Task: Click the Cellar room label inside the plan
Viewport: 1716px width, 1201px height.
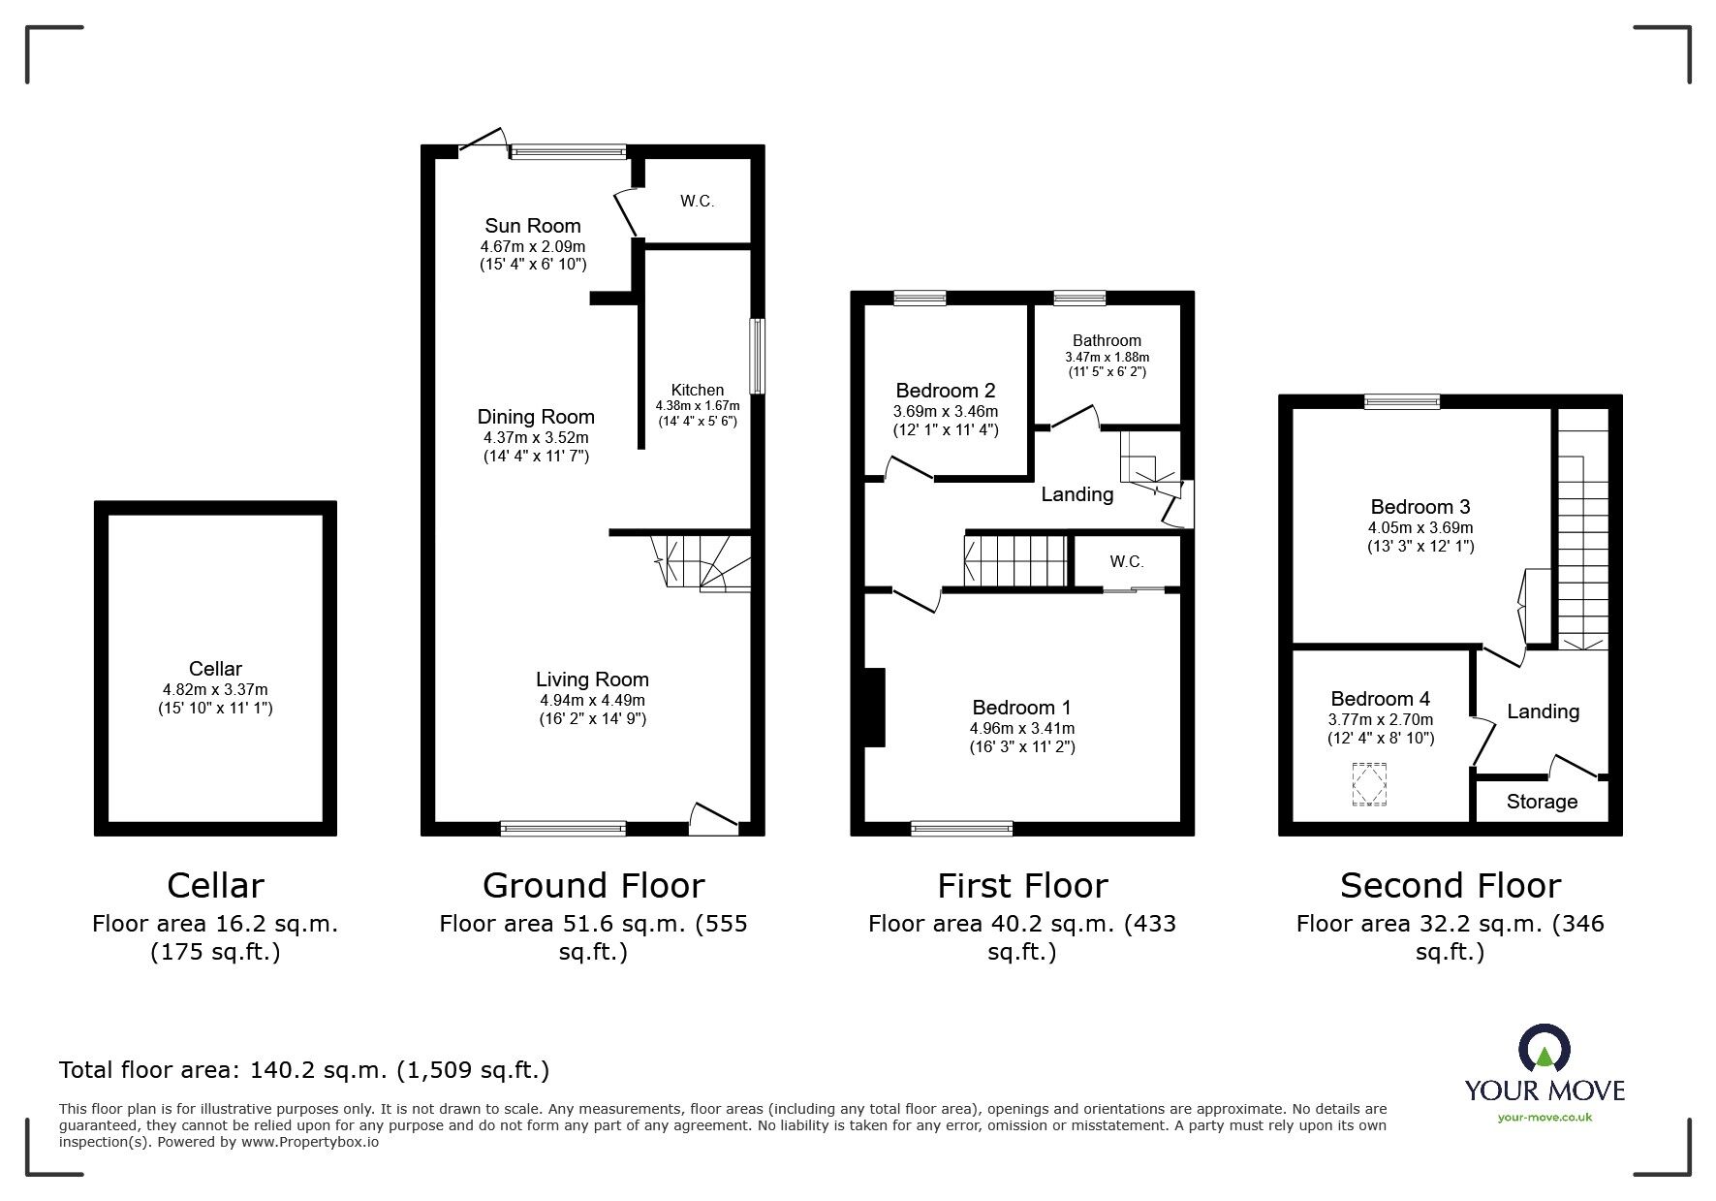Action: pos(215,669)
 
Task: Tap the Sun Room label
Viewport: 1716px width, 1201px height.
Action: pos(533,226)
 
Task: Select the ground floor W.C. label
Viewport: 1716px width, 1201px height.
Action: pos(697,202)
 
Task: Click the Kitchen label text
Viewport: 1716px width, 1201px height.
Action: pos(698,390)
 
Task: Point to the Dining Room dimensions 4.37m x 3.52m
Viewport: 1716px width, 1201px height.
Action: pos(536,437)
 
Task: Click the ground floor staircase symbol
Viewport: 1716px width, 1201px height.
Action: pos(702,561)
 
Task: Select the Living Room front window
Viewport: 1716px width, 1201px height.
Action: pos(563,828)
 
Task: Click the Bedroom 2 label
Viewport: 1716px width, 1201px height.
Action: pos(945,391)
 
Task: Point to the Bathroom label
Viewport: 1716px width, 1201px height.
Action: pos(1107,340)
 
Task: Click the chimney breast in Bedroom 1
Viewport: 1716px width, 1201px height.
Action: pos(875,707)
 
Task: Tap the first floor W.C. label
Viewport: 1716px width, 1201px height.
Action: pos(1127,562)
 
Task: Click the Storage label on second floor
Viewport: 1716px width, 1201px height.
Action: pos(1542,802)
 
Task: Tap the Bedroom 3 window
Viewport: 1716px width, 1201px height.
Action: pos(1402,401)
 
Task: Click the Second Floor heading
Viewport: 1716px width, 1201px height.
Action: pos(1450,886)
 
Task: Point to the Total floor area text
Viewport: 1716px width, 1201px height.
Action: pos(304,1070)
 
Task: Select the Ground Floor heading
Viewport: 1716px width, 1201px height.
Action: pos(593,886)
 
